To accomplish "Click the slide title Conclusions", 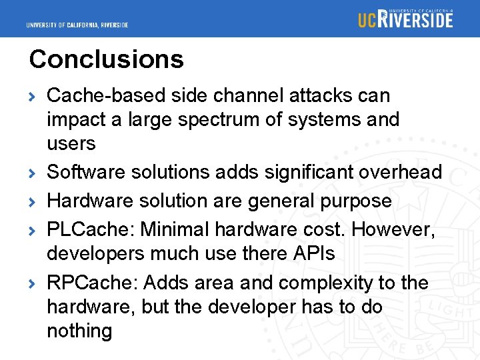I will pos(106,59).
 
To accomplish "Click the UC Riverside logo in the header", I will pos(405,19).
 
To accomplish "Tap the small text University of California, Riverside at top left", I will pos(77,25).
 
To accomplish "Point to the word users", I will pos(71,144).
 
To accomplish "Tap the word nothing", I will pos(79,331).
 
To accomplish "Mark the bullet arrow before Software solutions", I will pos(34,173).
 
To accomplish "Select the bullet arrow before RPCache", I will pos(34,284).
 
